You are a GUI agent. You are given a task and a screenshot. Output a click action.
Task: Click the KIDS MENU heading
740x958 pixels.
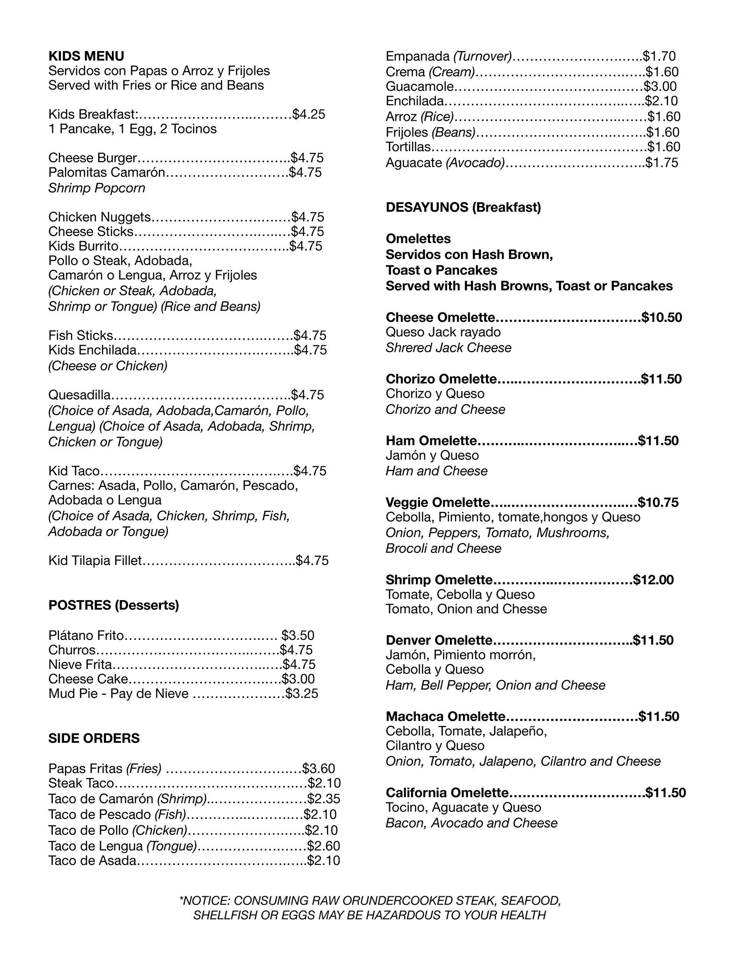[86, 56]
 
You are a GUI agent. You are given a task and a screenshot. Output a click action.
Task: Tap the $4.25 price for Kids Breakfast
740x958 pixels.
[308, 114]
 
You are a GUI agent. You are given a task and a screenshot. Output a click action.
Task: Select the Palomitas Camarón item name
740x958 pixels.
[107, 173]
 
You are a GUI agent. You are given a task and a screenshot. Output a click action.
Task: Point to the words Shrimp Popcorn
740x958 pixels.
[97, 188]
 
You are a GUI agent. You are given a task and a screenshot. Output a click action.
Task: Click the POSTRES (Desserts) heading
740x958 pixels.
[114, 605]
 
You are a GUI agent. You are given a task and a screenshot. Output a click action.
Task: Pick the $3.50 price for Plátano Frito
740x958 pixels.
[298, 635]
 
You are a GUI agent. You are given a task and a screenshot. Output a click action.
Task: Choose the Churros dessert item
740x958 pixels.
[72, 650]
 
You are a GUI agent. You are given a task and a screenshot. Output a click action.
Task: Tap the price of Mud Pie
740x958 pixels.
[302, 693]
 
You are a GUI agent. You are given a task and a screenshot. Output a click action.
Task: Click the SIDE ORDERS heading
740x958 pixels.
[94, 738]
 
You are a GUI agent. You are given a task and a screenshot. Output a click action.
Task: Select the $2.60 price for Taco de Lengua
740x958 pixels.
[323, 846]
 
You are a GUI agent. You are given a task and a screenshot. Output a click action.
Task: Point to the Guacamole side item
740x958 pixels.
[420, 87]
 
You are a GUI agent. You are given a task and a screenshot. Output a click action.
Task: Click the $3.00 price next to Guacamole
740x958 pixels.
[660, 87]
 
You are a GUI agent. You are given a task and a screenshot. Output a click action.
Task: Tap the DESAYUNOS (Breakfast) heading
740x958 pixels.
[463, 207]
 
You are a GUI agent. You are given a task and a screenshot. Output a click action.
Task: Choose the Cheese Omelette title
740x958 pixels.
[440, 318]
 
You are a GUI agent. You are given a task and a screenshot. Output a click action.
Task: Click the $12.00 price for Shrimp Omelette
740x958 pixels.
[653, 580]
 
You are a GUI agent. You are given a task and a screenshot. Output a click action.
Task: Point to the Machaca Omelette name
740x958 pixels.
[445, 717]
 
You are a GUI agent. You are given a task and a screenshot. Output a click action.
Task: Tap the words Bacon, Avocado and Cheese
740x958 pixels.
[472, 823]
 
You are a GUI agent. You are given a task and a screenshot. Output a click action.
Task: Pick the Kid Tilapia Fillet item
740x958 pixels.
[95, 560]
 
